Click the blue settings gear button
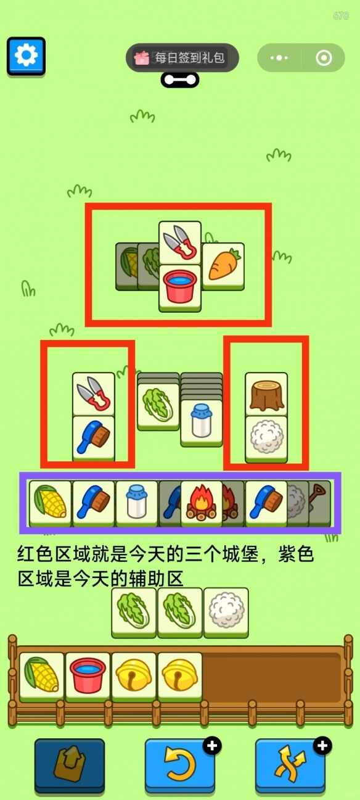click(x=26, y=56)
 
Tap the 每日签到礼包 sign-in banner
click(x=182, y=57)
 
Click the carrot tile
click(x=223, y=266)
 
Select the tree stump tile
click(x=266, y=394)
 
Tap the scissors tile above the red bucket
click(x=180, y=243)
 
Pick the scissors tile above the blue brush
click(x=94, y=394)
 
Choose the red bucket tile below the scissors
click(x=180, y=287)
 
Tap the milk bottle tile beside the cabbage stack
click(x=202, y=423)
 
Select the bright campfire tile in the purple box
click(x=202, y=503)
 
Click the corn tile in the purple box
click(x=51, y=503)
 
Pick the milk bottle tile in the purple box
click(x=137, y=503)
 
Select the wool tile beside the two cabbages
click(x=226, y=612)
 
